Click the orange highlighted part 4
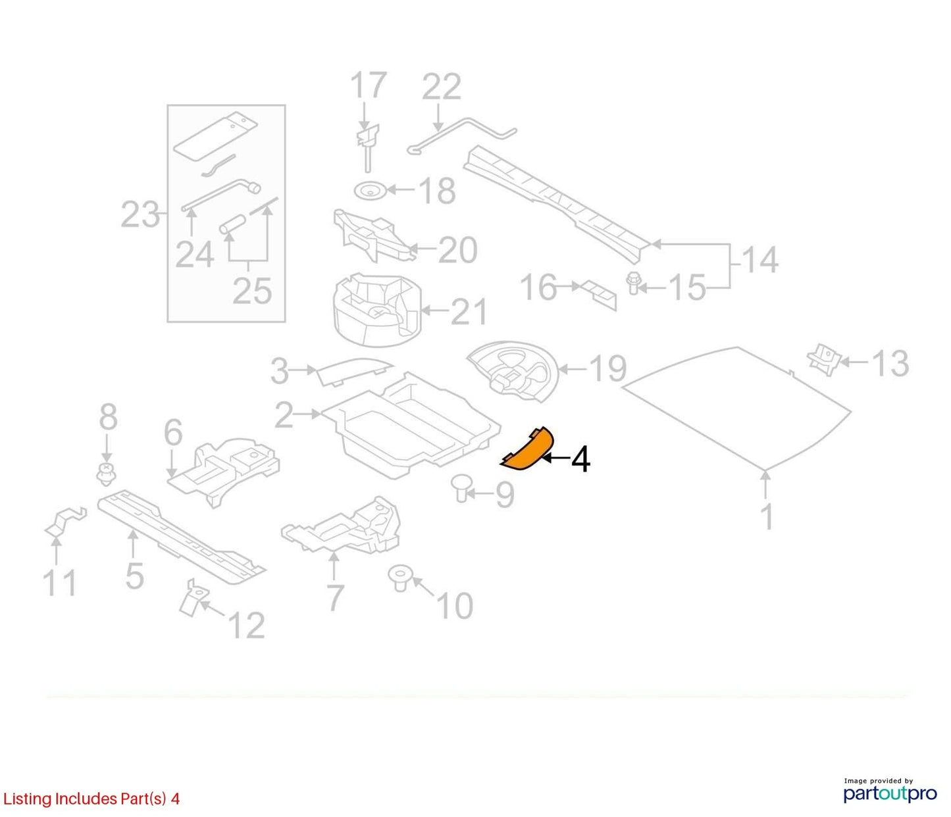(x=529, y=450)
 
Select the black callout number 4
(x=580, y=460)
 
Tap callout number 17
(x=369, y=85)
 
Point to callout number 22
(x=441, y=86)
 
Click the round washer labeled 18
(x=369, y=190)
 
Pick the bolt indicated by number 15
(x=634, y=283)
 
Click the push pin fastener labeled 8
(x=106, y=474)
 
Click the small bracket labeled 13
(x=825, y=359)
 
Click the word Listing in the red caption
(x=28, y=799)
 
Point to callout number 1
(x=767, y=516)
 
